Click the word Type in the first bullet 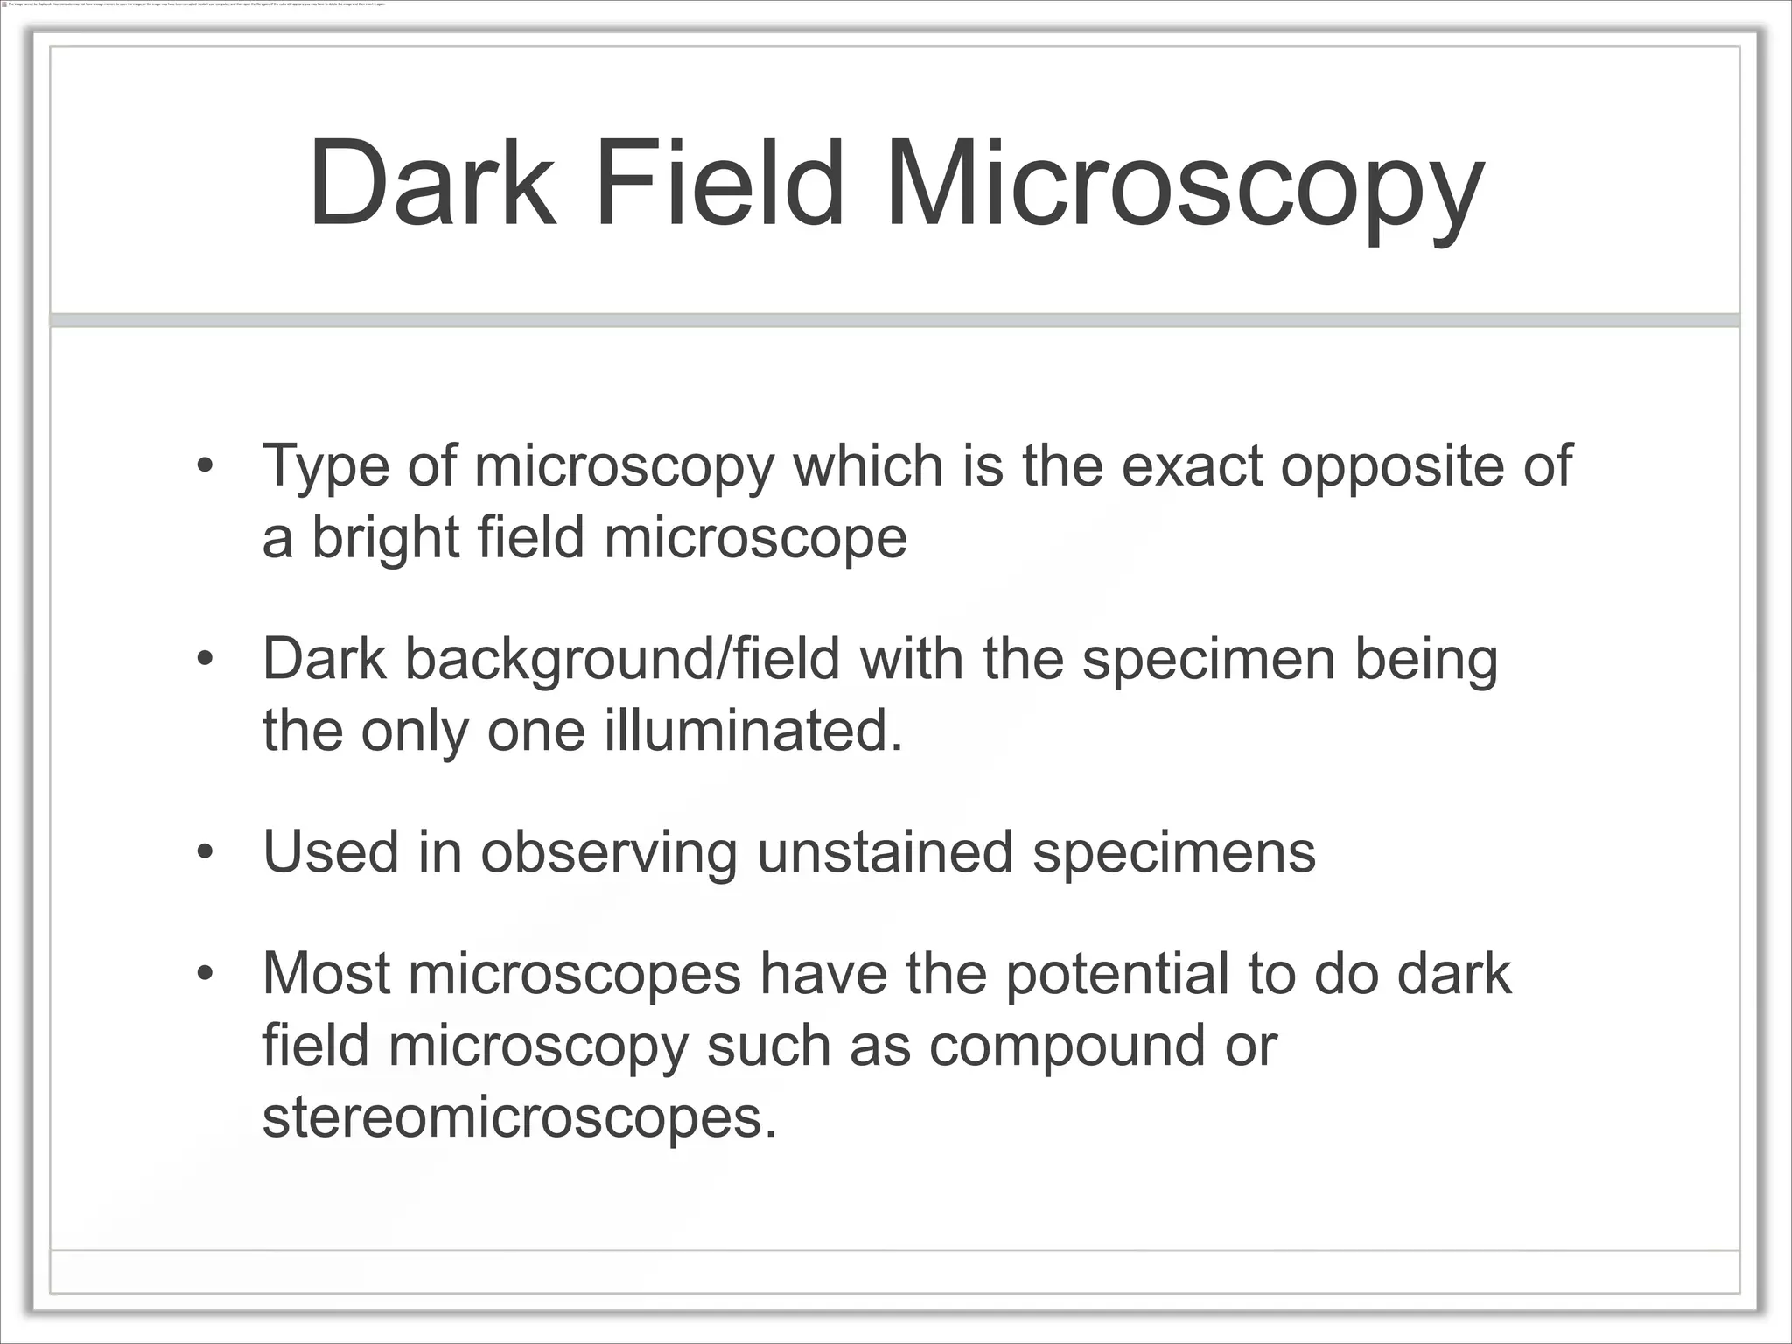tap(325, 468)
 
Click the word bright tap(386, 540)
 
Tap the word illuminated tap(753, 731)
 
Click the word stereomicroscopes tap(519, 1117)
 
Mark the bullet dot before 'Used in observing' tap(205, 852)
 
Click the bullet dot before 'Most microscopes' tap(205, 973)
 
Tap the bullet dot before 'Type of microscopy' tap(205, 465)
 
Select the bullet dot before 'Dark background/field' tap(205, 659)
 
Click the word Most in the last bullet tap(325, 973)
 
